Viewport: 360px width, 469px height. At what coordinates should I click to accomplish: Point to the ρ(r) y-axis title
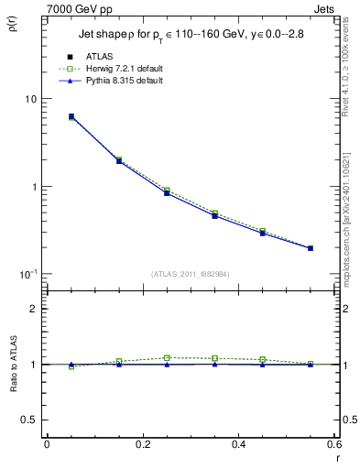(12, 28)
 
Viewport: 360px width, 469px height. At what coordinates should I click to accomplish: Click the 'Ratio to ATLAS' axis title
(12, 365)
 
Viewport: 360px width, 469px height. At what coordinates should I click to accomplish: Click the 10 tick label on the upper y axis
(30, 99)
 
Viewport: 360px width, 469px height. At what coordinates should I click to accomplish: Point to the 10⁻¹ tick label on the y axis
(28, 275)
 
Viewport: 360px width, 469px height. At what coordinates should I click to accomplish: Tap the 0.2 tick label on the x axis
(142, 444)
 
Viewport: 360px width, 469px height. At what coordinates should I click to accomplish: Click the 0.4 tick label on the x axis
(238, 444)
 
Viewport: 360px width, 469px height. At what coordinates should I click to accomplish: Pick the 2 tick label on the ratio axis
(34, 309)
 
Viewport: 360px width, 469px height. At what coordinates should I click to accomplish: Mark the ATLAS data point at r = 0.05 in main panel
(71, 116)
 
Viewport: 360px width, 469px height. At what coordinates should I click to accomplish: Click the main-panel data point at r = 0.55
(311, 248)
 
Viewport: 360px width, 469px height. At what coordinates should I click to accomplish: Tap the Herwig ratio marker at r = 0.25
(167, 358)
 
